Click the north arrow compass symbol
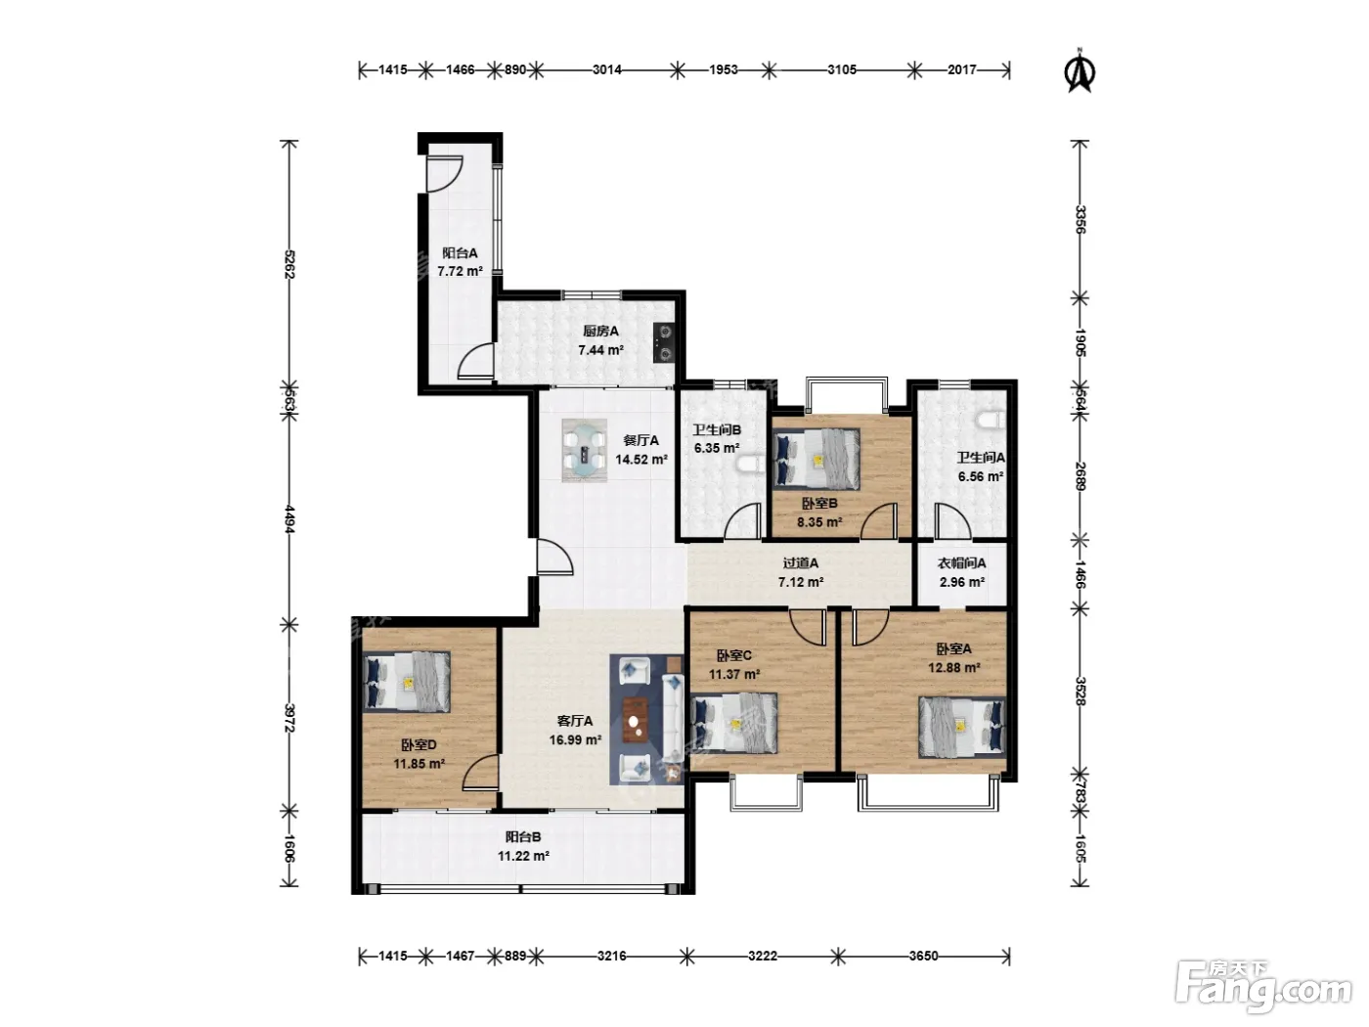(x=1079, y=70)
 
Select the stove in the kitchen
(x=664, y=342)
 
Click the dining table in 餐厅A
(x=584, y=450)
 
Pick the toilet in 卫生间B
(x=750, y=464)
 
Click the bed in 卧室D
(x=406, y=682)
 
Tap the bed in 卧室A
(x=962, y=727)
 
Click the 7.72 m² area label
(x=460, y=271)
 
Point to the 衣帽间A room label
(x=961, y=563)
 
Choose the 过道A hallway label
(x=800, y=563)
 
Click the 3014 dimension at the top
(x=607, y=69)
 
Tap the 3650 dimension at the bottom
(x=923, y=956)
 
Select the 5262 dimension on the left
(x=288, y=264)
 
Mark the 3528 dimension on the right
(x=1081, y=691)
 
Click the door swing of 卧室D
(x=480, y=773)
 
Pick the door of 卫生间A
(x=952, y=520)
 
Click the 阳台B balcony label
(x=522, y=837)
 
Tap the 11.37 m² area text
(x=734, y=674)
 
